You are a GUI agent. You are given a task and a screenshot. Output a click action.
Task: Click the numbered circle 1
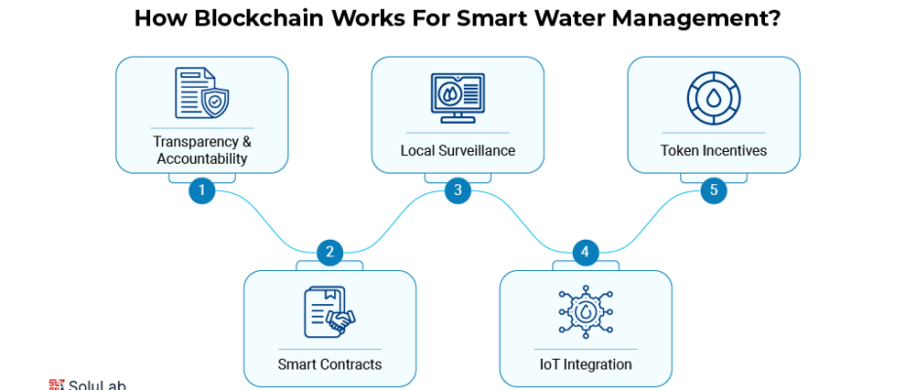point(202,190)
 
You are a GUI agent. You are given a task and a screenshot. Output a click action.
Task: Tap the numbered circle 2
point(329,253)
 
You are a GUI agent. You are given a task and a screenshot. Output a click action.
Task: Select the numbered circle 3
point(458,190)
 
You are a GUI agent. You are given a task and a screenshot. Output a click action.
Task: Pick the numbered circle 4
point(585,253)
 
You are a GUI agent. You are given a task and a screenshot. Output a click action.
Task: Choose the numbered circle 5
point(713,190)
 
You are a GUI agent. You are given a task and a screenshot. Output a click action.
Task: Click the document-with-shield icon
point(202,94)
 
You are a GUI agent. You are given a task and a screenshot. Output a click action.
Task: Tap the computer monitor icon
point(458,97)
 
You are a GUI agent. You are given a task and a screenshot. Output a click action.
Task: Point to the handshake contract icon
point(329,311)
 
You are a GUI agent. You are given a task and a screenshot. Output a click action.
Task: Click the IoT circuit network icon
point(585,311)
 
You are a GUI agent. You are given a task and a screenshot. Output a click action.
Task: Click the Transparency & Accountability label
point(202,150)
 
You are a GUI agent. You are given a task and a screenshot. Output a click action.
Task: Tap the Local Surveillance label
point(458,151)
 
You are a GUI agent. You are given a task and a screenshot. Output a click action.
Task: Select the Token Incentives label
point(713,151)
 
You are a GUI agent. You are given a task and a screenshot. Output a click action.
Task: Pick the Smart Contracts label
point(329,365)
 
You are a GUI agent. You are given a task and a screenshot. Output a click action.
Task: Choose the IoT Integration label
point(585,365)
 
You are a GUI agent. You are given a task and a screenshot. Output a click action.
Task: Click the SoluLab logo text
point(95,385)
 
